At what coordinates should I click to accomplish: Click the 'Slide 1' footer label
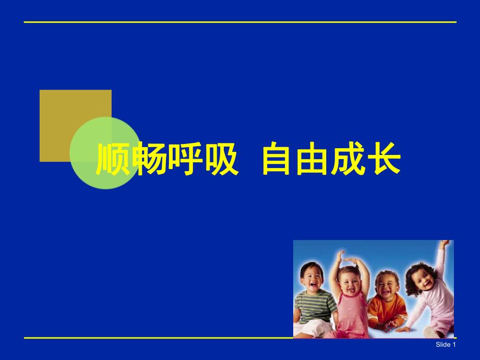pyautogui.click(x=446, y=345)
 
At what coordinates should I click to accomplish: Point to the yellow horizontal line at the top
pyautogui.click(x=240, y=22)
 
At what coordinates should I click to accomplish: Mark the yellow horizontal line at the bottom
pyautogui.click(x=157, y=338)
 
